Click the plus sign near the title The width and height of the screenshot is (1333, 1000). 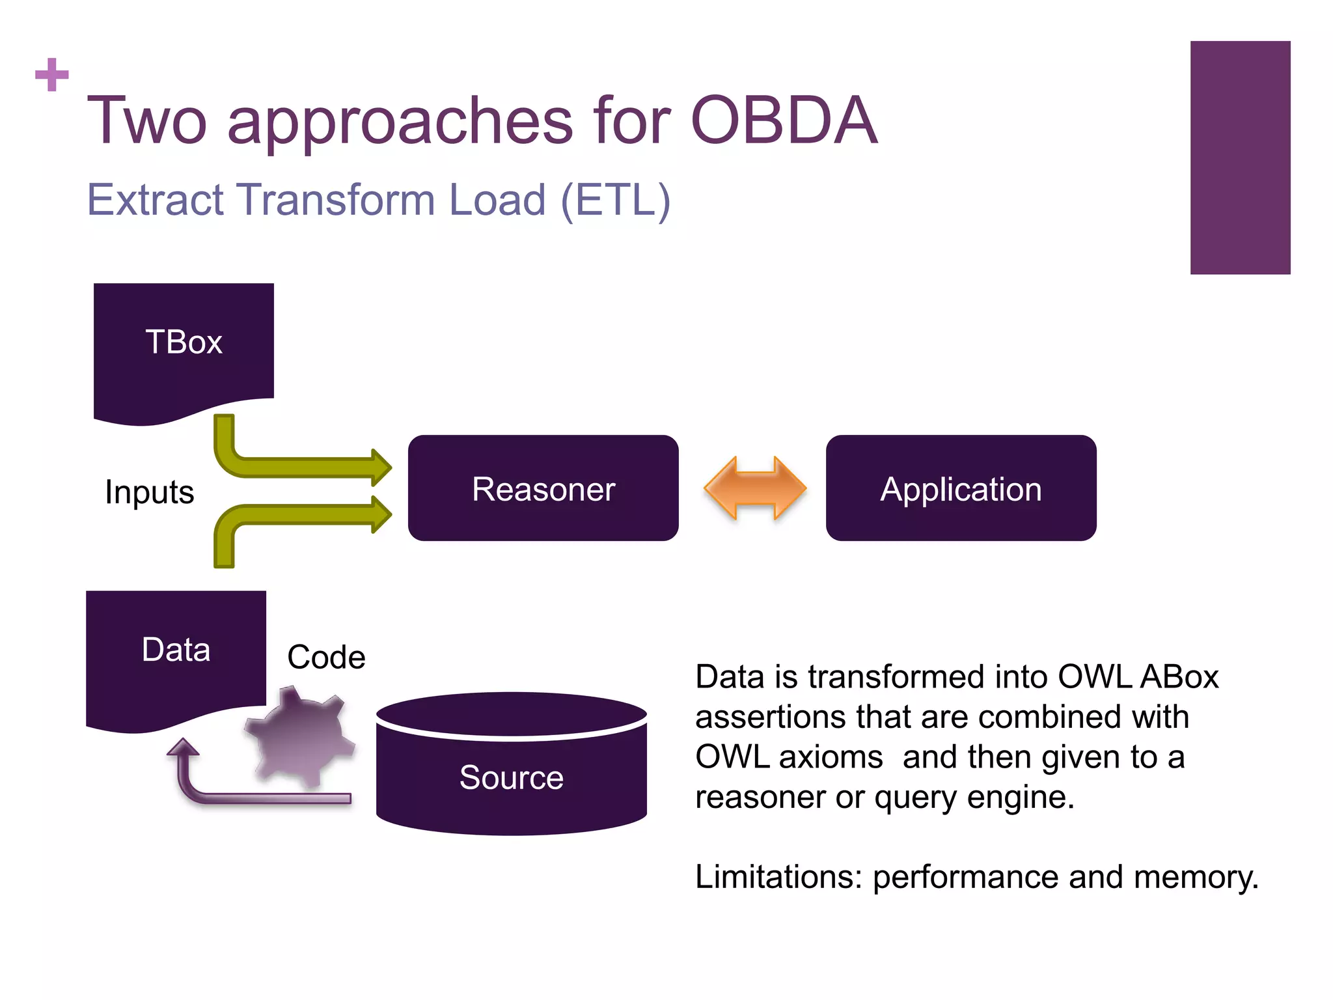point(51,74)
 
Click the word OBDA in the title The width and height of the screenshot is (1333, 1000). point(784,121)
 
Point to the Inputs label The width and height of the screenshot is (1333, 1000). point(149,492)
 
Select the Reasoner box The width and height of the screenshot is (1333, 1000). point(543,488)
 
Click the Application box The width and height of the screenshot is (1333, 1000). point(961,488)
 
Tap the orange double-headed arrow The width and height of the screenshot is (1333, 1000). point(755,488)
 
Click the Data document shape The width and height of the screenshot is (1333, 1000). point(176,654)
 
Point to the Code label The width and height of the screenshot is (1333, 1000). point(326,657)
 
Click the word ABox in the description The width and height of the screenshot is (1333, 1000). point(1179,677)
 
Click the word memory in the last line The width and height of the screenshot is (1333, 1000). point(1195,877)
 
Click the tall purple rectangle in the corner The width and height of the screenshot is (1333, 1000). point(1240,158)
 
